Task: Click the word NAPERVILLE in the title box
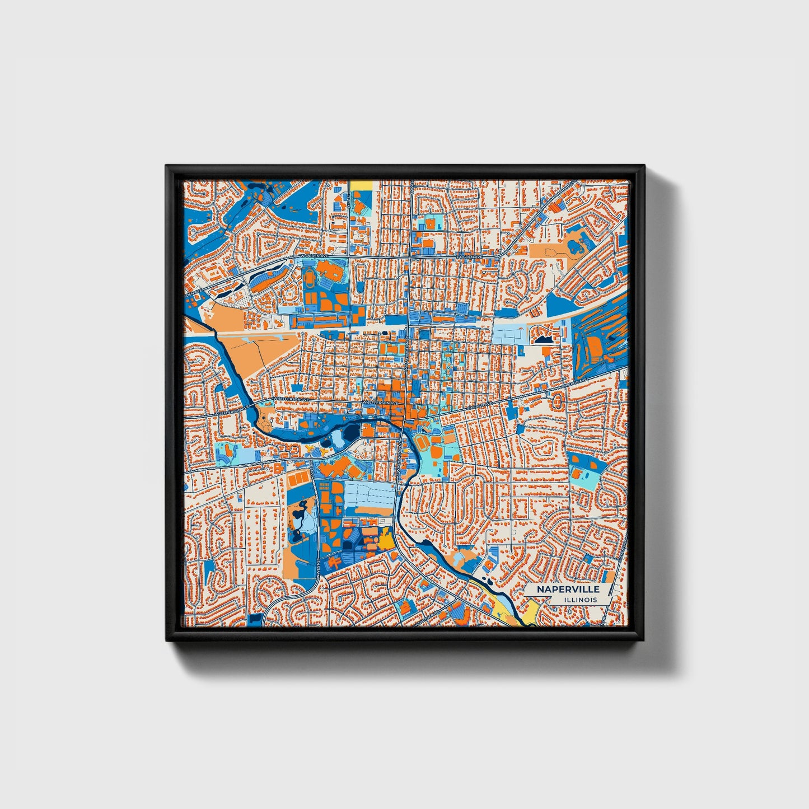tap(568, 589)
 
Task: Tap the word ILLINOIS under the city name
tap(581, 600)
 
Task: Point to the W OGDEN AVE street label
tap(317, 255)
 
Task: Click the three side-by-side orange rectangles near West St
tap(298, 479)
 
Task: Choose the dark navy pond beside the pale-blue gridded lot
tap(543, 339)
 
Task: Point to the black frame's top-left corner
tap(167, 166)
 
